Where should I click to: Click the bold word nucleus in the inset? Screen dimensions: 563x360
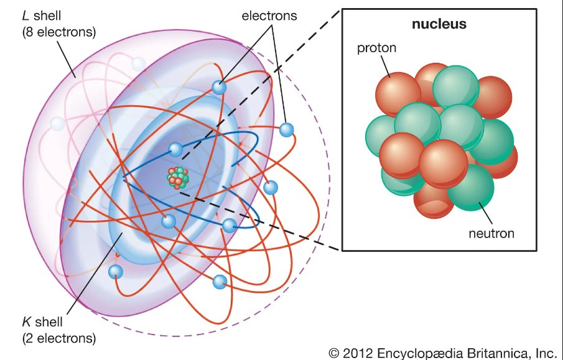tap(439, 25)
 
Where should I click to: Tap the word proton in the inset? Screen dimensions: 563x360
tap(376, 48)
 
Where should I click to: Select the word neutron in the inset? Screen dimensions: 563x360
tap(491, 234)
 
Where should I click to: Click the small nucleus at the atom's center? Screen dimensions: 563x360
tap(178, 178)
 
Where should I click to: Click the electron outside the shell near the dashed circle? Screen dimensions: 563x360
tap(286, 130)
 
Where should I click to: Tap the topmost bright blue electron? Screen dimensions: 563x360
tap(219, 88)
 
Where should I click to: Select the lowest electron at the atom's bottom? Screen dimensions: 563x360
tap(219, 282)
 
